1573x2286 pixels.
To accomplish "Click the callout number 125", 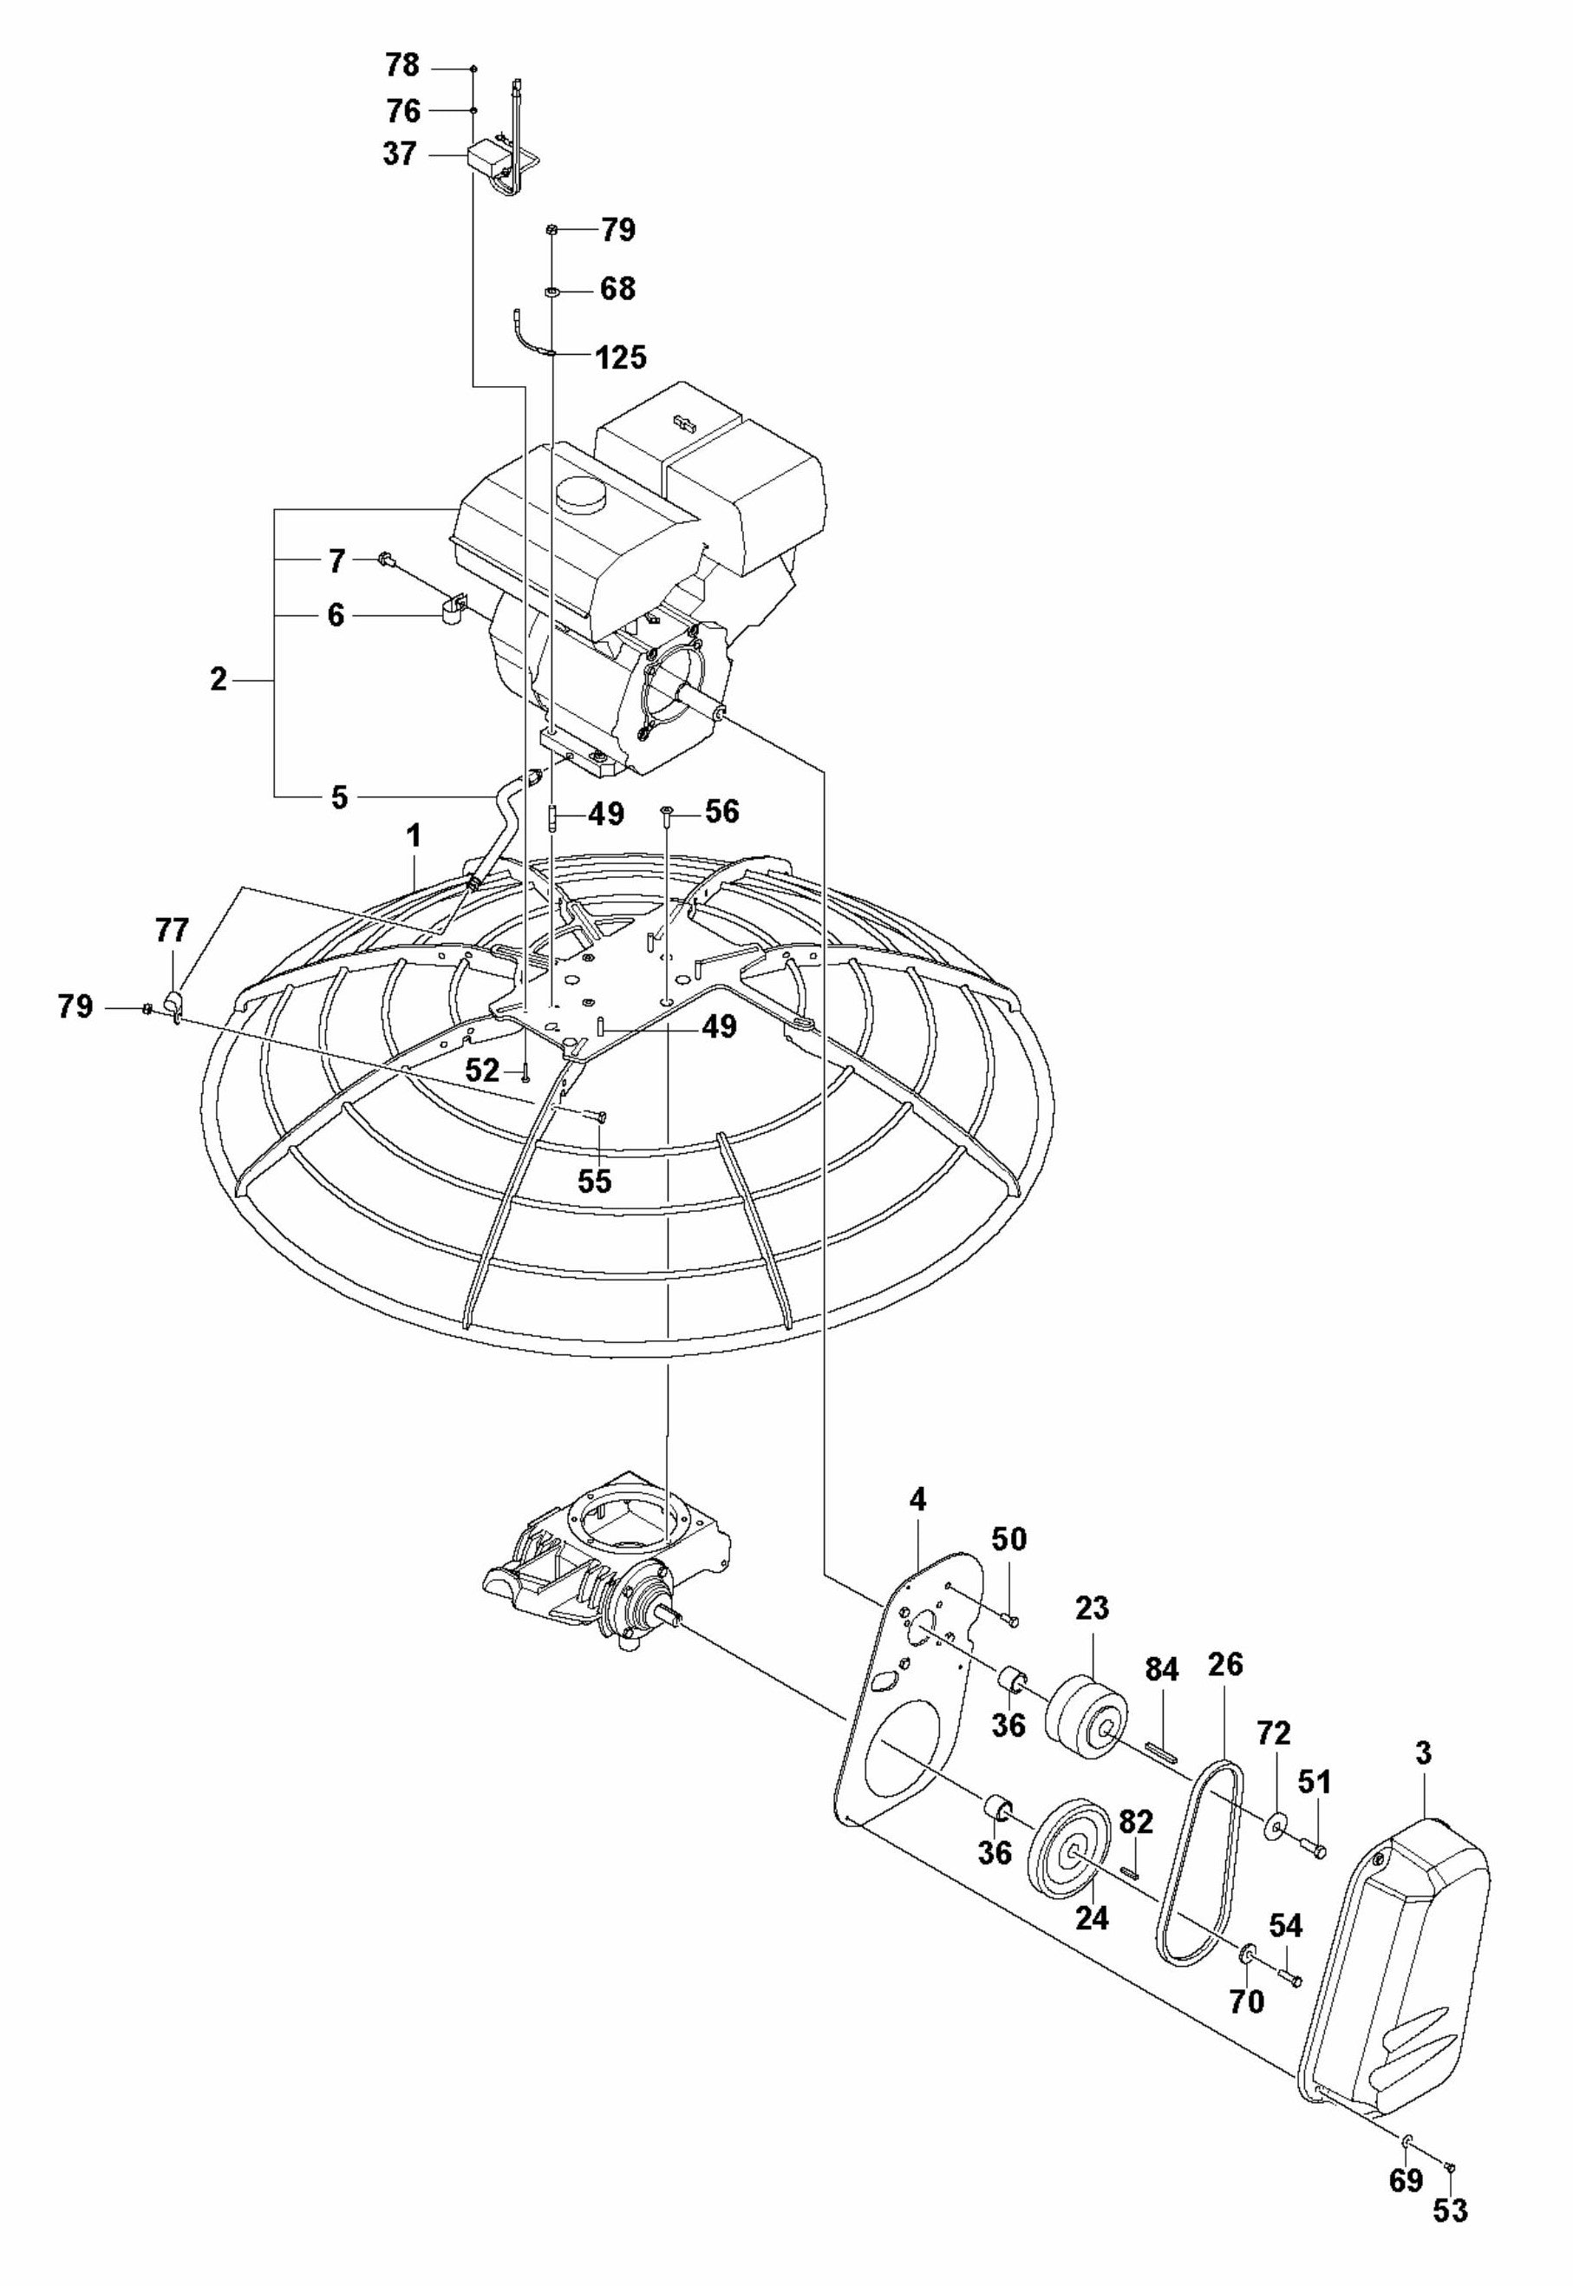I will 621,357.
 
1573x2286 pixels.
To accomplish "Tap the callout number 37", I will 400,154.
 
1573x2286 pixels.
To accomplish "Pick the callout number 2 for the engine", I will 218,679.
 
